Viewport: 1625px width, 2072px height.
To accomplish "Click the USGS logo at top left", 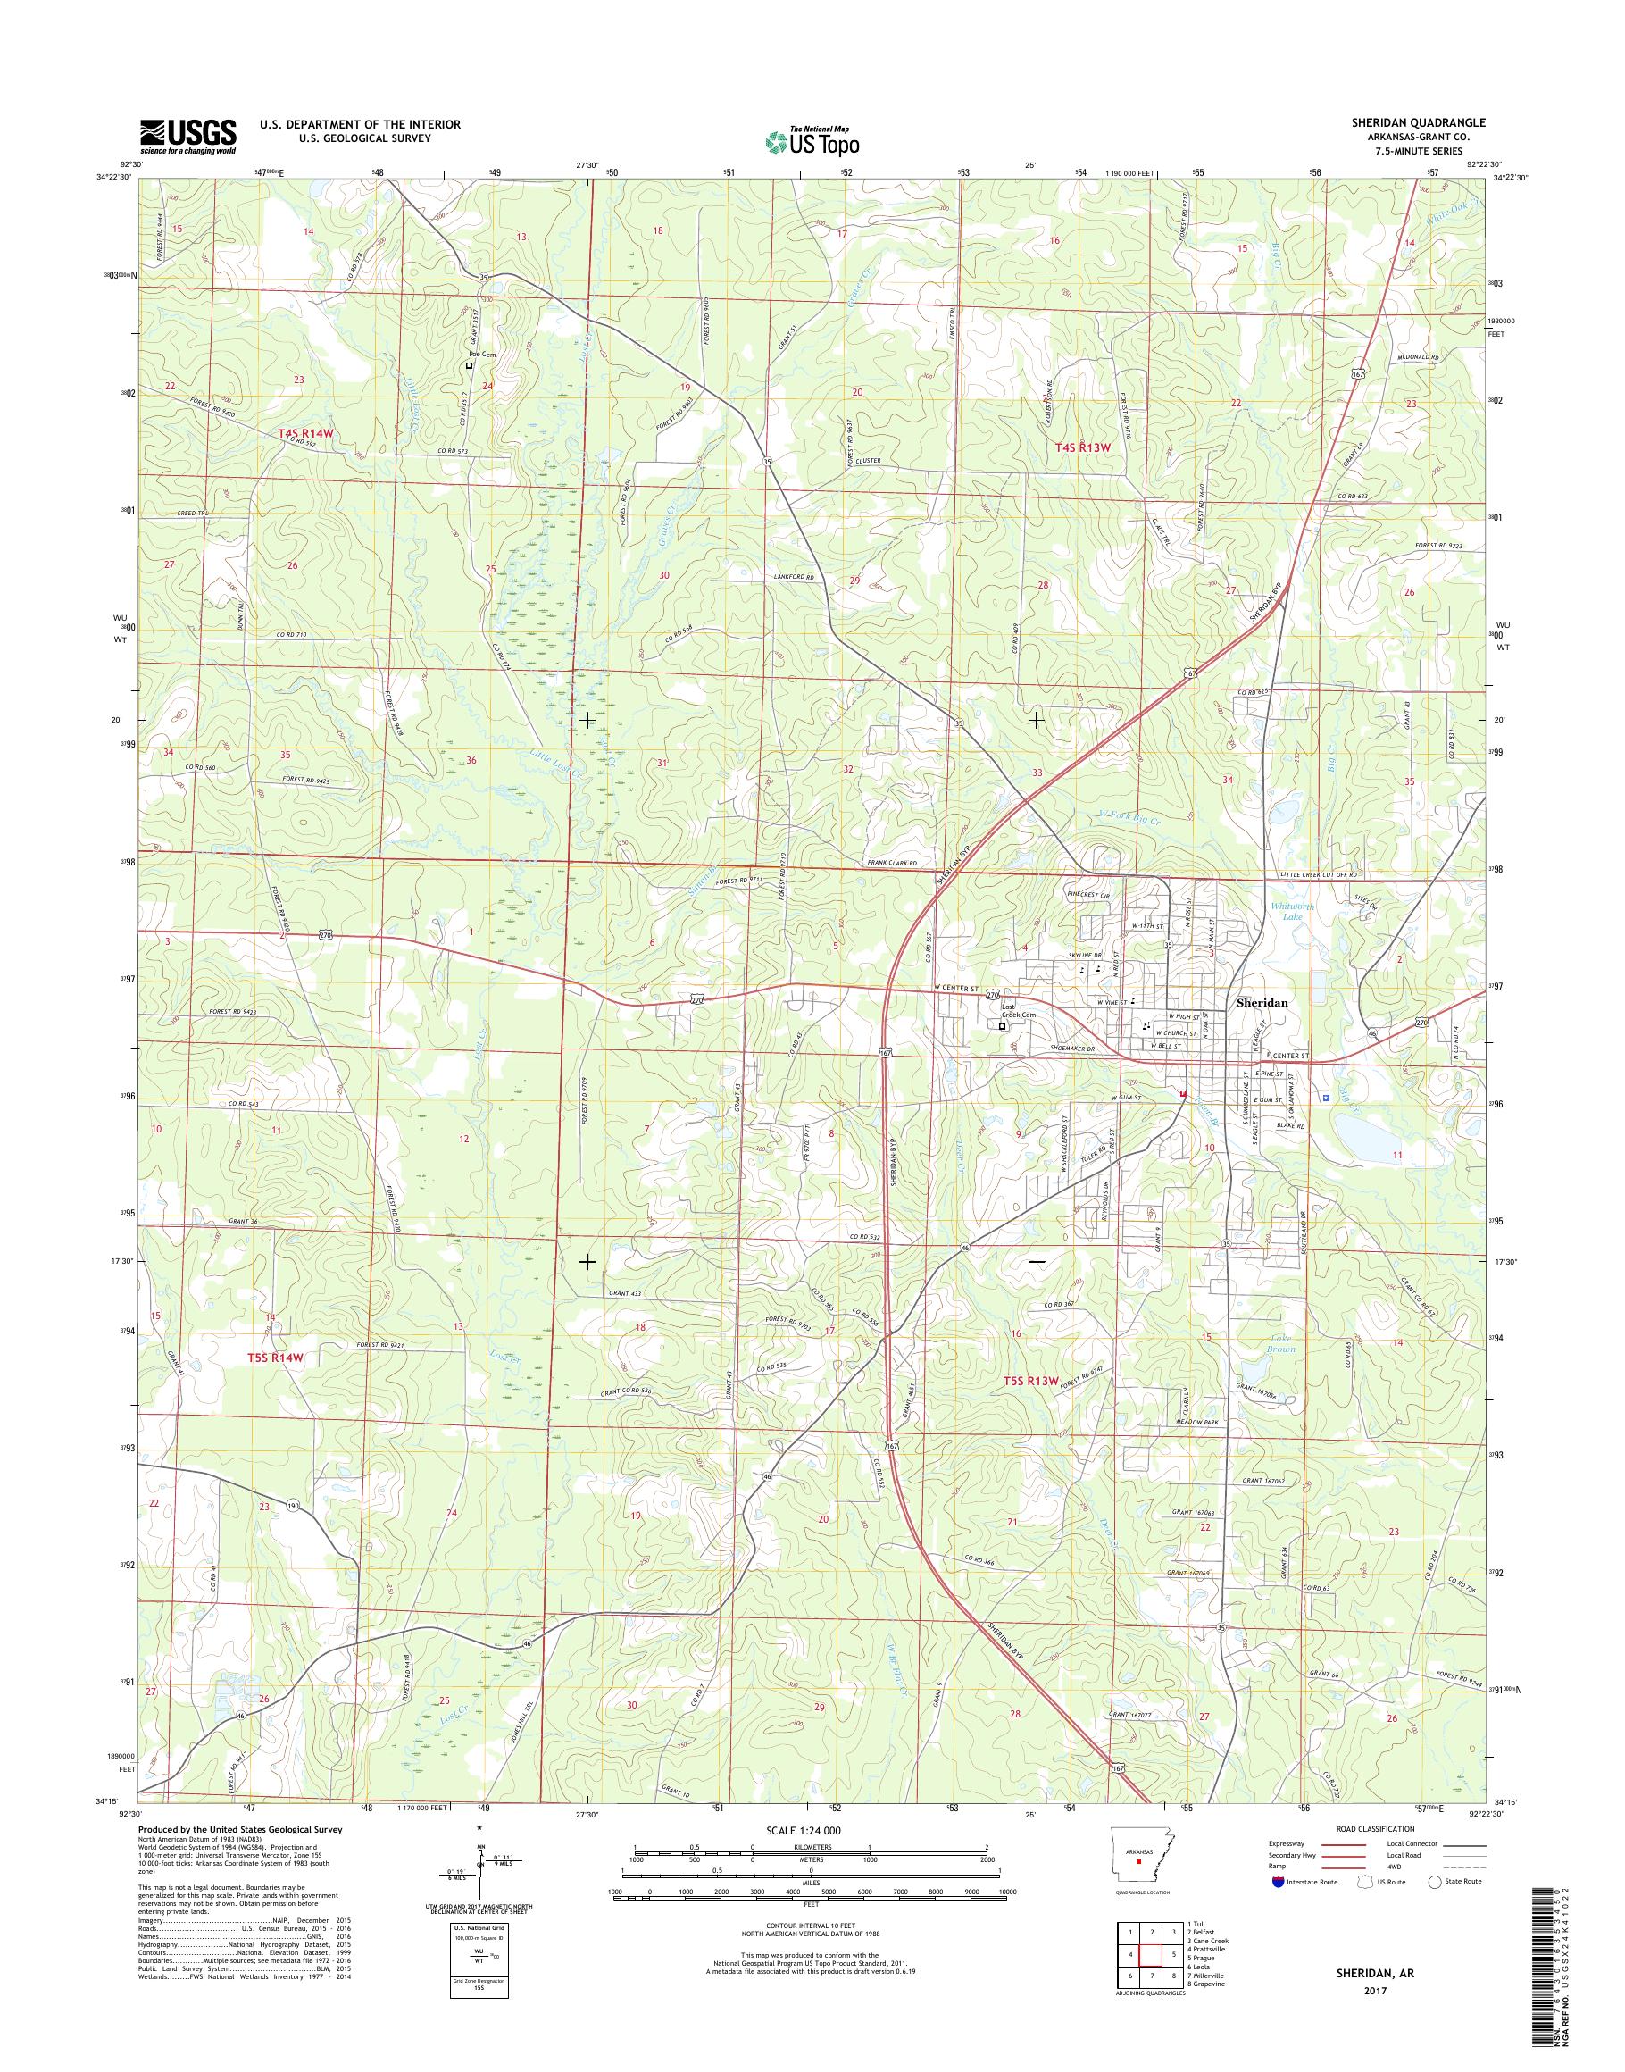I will point(188,136).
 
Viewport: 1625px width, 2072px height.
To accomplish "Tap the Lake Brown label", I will point(1282,1344).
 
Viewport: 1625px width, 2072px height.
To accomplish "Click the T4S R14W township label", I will point(306,433).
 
